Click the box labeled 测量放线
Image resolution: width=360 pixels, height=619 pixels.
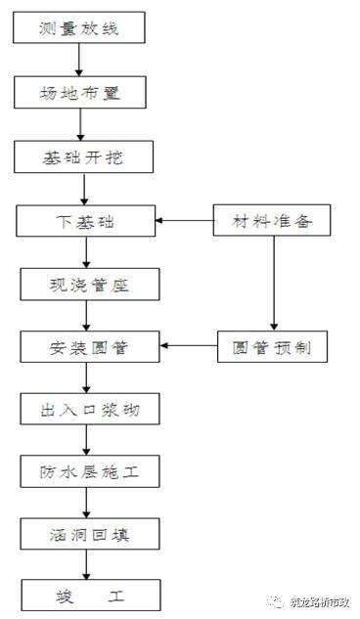79,28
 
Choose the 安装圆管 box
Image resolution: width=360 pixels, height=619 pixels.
89,346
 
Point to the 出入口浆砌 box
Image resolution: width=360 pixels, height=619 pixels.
89,410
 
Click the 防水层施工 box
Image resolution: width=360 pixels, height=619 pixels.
89,472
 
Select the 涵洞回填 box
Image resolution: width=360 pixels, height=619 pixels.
89,535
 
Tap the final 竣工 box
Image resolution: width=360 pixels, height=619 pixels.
89,595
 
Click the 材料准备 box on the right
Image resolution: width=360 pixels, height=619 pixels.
273,220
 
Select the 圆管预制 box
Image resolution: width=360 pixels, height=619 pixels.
273,346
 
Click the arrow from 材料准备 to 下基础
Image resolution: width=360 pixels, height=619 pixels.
186,220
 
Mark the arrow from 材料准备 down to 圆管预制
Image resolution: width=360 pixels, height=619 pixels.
273,283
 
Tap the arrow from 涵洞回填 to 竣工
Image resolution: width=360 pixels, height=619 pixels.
88,564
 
